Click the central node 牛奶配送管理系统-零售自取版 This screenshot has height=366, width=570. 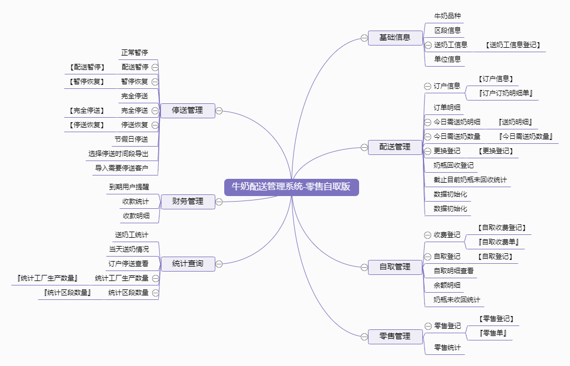tap(291, 187)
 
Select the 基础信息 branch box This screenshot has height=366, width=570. tap(395, 38)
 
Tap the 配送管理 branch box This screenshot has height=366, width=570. tap(395, 147)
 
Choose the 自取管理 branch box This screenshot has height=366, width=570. tap(395, 267)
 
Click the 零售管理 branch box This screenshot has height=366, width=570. tap(395, 336)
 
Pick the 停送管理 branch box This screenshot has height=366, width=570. tap(187, 111)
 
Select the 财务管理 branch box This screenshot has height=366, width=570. tap(187, 201)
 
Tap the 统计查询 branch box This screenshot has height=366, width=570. tap(187, 263)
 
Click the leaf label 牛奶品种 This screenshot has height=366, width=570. tap(447, 16)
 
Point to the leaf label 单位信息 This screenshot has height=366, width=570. tap(447, 59)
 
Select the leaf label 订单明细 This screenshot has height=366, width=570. tap(447, 107)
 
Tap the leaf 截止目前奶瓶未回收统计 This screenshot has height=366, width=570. tap(470, 180)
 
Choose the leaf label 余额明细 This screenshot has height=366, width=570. tap(447, 285)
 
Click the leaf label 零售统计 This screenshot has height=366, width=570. tap(447, 348)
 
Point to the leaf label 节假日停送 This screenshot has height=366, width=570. tap(132, 139)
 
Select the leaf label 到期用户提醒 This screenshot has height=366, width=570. tap(129, 187)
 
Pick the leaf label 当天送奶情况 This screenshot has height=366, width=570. tap(129, 249)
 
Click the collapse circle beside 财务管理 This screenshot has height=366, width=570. tap(219, 202)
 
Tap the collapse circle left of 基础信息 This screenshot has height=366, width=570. tap(364, 38)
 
